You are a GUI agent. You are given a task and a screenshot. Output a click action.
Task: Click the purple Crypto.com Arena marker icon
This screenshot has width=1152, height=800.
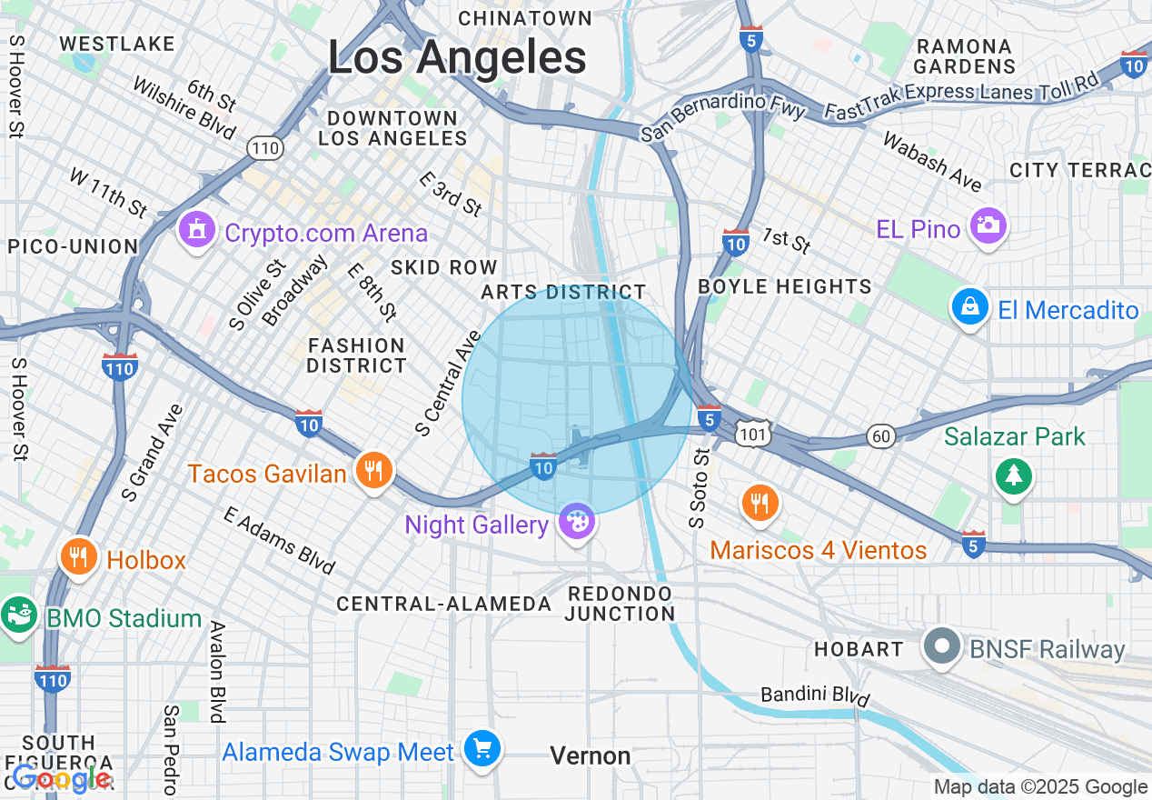(x=195, y=230)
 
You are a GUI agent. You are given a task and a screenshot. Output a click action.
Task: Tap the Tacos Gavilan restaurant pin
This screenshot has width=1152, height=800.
(x=373, y=471)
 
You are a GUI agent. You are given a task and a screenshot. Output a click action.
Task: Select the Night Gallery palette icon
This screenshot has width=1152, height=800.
(x=576, y=523)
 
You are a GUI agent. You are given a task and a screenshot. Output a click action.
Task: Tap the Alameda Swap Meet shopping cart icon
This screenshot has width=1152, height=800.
(x=482, y=750)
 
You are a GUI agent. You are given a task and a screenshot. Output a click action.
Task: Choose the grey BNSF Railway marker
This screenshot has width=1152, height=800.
(x=942, y=647)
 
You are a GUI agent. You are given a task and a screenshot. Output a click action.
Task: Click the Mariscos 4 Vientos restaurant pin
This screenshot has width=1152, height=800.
(x=760, y=503)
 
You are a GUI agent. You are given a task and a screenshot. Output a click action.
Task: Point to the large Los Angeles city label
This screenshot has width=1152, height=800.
(x=457, y=58)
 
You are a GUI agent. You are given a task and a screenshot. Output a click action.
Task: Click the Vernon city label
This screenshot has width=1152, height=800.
(x=591, y=755)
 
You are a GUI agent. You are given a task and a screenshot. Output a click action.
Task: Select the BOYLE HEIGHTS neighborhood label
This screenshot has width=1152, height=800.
(x=784, y=286)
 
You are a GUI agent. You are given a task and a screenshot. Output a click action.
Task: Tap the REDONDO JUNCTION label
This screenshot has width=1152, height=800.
(x=620, y=604)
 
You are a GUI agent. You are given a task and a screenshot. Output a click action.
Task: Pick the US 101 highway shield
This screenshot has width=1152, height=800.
(x=754, y=435)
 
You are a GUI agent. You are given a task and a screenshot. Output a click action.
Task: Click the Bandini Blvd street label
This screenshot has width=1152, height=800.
(x=815, y=695)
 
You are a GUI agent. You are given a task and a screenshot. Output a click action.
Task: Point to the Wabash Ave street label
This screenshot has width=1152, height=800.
(x=931, y=162)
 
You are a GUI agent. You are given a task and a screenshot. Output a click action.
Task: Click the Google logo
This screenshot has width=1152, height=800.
(x=62, y=778)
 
